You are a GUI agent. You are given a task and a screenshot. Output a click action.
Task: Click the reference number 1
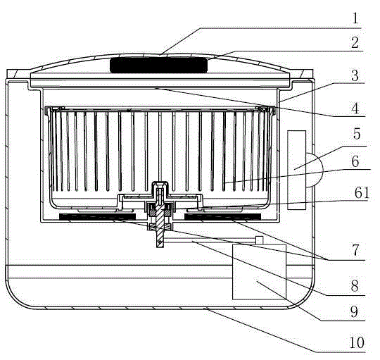coord(355,18)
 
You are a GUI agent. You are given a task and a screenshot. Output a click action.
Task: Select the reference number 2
coord(355,42)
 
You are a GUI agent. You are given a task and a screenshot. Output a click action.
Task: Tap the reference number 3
coord(355,75)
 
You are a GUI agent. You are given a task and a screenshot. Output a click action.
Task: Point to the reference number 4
coord(355,108)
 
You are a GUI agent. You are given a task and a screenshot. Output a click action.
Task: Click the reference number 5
coord(357,134)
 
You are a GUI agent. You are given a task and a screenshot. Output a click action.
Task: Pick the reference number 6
coord(355,161)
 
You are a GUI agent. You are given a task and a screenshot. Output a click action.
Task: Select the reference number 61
coord(362,193)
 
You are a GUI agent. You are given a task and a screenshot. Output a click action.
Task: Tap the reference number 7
coord(355,250)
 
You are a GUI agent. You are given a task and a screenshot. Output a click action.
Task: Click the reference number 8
coord(355,286)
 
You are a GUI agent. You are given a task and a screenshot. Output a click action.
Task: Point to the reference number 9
coord(354,311)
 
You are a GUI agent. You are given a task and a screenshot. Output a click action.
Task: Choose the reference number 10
coord(357,343)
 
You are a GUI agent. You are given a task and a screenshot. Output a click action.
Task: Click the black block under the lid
coord(159,66)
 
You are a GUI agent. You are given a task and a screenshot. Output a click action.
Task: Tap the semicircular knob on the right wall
coord(315,170)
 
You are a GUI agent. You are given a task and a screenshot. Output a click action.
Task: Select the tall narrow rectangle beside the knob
coord(297,170)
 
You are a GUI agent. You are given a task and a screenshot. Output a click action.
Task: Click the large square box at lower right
coord(259,272)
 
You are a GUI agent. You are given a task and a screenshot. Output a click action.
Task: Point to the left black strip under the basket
coord(97,217)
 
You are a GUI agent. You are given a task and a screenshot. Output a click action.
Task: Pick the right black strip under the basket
coord(222,216)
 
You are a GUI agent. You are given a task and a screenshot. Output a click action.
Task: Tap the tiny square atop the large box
coord(259,240)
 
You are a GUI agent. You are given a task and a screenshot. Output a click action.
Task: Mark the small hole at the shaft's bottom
coord(160,242)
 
